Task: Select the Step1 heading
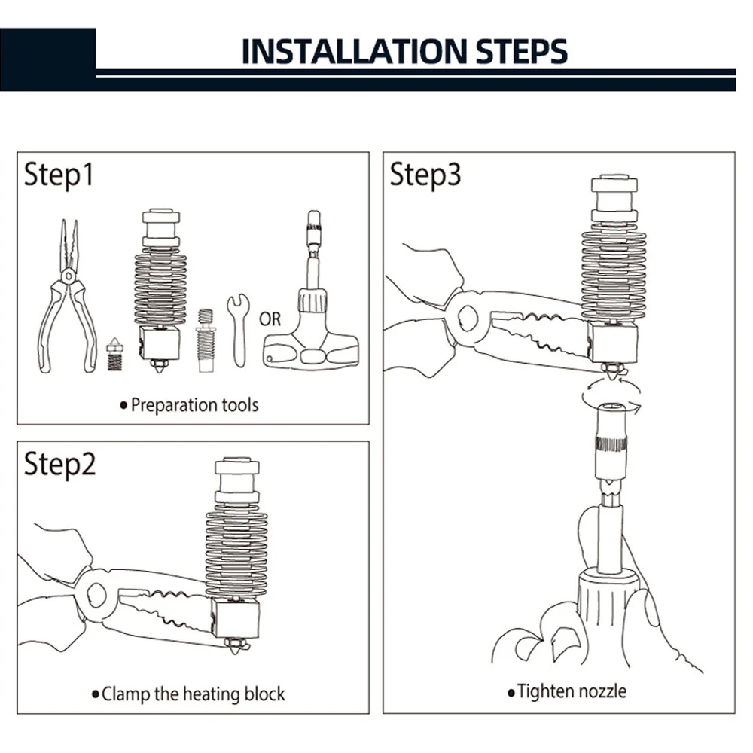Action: [59, 175]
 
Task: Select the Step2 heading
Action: [59, 464]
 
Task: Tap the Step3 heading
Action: [425, 175]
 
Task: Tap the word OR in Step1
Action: [270, 319]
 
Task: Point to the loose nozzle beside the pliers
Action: [114, 352]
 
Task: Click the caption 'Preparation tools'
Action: [194, 405]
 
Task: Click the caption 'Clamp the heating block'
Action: [194, 694]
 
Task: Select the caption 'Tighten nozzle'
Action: [572, 691]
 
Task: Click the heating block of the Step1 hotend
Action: [160, 343]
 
